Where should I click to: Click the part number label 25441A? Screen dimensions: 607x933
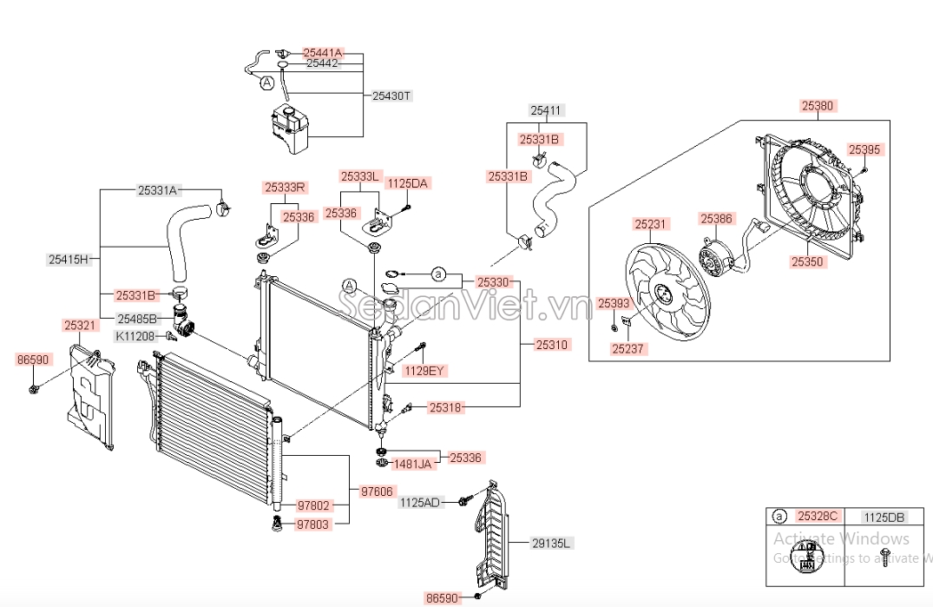323,53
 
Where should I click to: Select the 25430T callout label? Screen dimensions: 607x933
391,96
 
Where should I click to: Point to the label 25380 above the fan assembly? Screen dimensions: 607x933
817,106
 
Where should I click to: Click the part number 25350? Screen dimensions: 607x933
806,260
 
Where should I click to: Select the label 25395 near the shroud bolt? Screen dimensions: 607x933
864,149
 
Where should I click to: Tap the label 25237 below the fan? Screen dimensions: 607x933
629,349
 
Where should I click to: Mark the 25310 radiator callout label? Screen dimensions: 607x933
551,344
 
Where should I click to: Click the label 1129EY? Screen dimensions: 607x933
425,371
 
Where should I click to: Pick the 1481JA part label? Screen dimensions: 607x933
413,464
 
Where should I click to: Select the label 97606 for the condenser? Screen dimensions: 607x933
378,492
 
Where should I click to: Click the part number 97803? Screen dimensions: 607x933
313,525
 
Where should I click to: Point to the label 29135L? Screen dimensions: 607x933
553,544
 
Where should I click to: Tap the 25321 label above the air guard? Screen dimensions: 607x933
80,325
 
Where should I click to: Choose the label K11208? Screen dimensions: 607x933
135,336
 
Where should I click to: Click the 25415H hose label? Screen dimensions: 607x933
69,259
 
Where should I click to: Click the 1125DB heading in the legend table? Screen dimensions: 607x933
885,518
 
